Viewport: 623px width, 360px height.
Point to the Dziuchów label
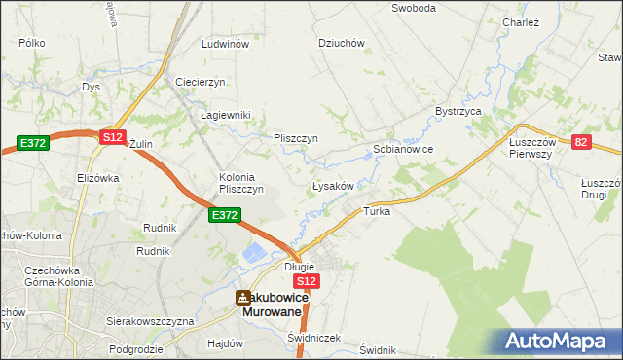coord(342,43)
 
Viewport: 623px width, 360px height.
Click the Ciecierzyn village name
coord(201,81)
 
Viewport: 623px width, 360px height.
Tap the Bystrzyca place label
coord(459,112)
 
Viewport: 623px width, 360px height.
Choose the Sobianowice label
coord(403,150)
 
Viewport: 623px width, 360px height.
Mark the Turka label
coord(377,211)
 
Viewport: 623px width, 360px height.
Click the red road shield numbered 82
coord(581,142)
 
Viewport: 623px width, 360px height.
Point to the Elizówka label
coord(97,178)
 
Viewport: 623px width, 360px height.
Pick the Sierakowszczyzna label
coord(151,320)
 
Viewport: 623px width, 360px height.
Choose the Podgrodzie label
coord(134,347)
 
